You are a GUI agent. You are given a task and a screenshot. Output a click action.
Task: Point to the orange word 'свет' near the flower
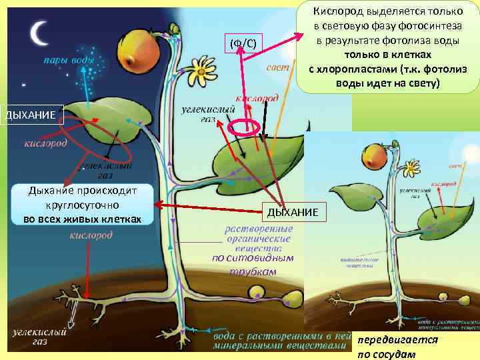[277, 68]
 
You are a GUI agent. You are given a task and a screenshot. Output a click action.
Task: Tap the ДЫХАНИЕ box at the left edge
[32, 115]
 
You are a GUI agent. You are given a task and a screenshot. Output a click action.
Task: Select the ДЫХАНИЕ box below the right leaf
[294, 212]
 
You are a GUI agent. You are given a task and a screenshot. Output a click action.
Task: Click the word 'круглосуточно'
[82, 205]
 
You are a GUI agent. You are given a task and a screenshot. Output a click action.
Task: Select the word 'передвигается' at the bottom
[398, 339]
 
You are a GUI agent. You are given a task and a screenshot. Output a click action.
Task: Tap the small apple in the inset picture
[377, 156]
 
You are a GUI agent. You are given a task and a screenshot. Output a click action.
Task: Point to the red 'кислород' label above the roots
[91, 235]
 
